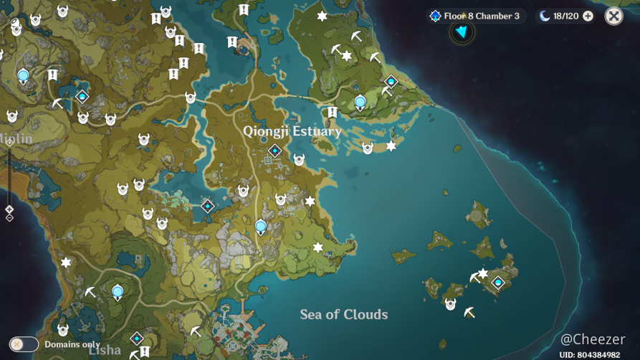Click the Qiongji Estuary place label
coord(292,131)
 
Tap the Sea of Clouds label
coord(344,314)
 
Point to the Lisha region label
coord(105,350)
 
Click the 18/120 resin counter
coord(565,16)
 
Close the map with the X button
coord(613,16)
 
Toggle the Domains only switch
coord(24,344)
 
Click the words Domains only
coord(72,344)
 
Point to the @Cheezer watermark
coord(593,339)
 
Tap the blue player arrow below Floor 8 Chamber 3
coord(462,32)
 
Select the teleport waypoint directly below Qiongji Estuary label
coord(274,151)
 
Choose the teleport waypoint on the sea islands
coord(497,283)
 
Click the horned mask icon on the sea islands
coord(450,305)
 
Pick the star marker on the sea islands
coord(483,273)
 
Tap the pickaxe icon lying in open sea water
coord(469,313)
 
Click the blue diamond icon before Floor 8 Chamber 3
coord(434,16)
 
